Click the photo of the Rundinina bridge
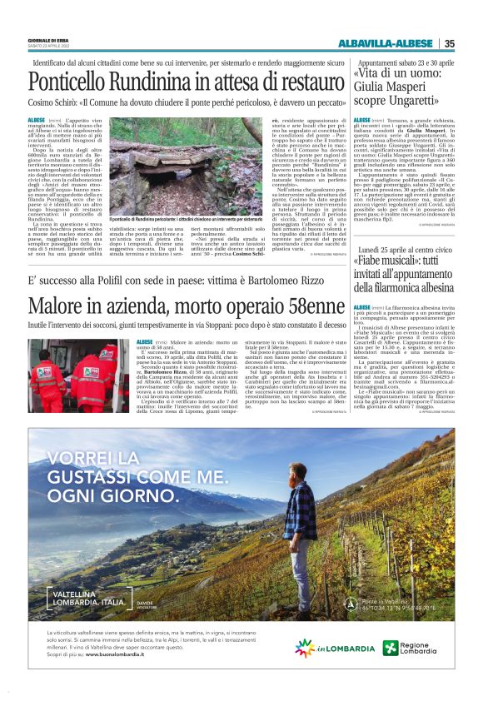click(171, 170)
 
